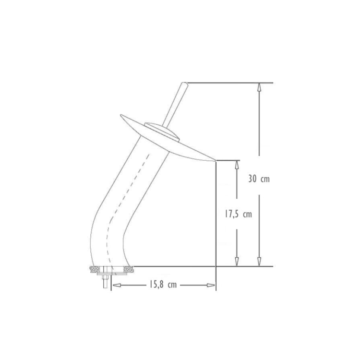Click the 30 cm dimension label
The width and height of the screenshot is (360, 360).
pos(259,179)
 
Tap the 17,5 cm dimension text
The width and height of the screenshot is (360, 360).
pos(238,214)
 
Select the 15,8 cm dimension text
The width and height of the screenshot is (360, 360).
pos(163,285)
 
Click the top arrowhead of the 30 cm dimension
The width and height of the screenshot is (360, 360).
pos(259,87)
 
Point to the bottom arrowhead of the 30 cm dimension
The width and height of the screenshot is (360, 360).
pos(259,262)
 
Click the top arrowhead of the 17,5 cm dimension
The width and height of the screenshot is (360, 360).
pos(237,165)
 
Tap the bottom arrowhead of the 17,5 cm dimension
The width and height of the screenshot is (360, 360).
pos(237,262)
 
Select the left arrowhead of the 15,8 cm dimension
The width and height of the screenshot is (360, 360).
pos(116,285)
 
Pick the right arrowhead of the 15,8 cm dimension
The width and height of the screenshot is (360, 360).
pos(211,285)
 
